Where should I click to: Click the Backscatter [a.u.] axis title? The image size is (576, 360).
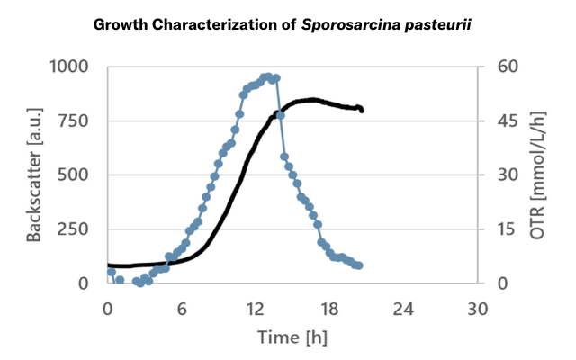[x=36, y=175]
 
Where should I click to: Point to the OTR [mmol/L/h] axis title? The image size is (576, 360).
[x=537, y=175]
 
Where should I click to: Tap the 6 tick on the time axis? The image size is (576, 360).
[x=182, y=309]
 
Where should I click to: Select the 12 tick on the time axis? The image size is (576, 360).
[x=256, y=309]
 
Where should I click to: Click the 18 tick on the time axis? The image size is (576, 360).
[x=329, y=309]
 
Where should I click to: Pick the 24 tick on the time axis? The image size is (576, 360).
[x=404, y=309]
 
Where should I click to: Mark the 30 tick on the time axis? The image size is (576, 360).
[x=478, y=309]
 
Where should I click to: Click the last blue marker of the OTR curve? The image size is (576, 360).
[x=358, y=265]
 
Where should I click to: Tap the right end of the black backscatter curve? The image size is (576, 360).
[x=361, y=111]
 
